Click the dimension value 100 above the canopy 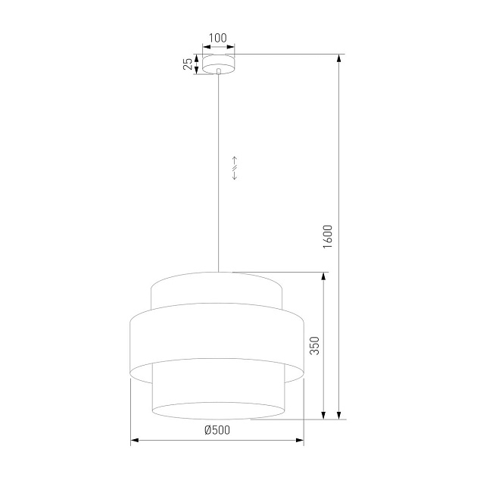218,37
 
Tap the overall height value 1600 328,237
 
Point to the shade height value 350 313,345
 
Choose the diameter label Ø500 217,430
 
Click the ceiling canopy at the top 218,64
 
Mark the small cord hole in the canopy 218,71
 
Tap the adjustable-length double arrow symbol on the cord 235,167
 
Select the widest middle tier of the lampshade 218,341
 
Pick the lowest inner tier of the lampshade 218,394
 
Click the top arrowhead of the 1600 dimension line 339,58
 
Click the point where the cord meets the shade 218,272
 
